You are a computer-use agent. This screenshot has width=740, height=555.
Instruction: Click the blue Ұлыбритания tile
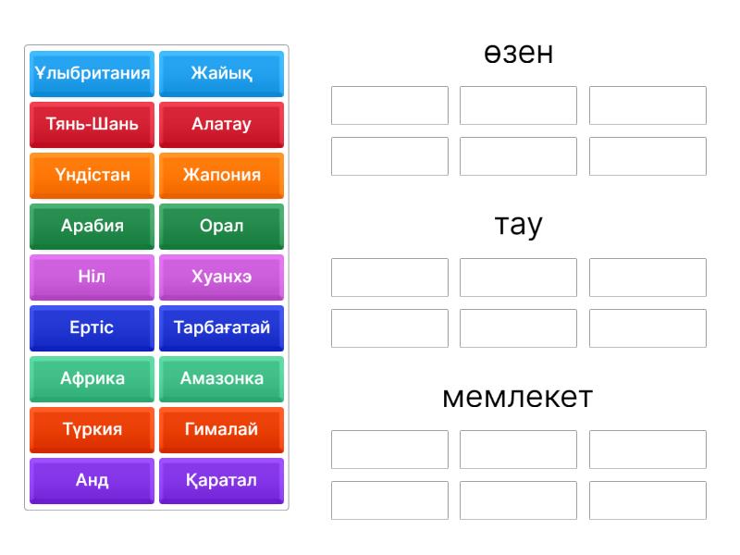(x=92, y=74)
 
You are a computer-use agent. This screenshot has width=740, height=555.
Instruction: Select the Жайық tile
(x=221, y=74)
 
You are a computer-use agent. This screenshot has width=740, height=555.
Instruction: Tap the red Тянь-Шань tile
(x=92, y=125)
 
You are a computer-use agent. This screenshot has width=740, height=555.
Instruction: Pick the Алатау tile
(x=221, y=125)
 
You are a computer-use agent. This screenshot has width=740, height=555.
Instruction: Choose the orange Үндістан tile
(x=92, y=176)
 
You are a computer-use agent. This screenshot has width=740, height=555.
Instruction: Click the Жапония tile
(x=221, y=176)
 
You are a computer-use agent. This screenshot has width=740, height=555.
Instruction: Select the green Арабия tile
(x=92, y=227)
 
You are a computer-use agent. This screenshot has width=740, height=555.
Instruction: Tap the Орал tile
(x=221, y=227)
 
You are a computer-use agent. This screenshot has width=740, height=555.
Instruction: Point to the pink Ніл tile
(x=92, y=277)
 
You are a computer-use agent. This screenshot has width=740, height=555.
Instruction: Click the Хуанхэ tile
(x=221, y=277)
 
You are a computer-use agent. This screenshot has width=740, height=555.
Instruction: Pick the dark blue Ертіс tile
(x=92, y=328)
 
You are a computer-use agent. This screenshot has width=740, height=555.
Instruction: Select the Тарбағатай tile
(x=221, y=328)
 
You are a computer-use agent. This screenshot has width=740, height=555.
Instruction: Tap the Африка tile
(x=92, y=379)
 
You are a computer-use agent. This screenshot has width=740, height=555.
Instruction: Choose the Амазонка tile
(x=221, y=379)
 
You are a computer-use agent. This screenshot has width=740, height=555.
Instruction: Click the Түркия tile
(x=92, y=430)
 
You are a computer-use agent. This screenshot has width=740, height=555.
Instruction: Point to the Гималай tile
(x=221, y=430)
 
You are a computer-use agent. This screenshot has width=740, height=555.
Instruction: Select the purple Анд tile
(x=92, y=481)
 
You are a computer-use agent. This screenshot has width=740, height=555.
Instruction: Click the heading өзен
(x=518, y=53)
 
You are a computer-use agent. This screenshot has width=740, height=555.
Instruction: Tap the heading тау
(x=518, y=226)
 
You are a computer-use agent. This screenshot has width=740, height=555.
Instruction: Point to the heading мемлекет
(x=518, y=397)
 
